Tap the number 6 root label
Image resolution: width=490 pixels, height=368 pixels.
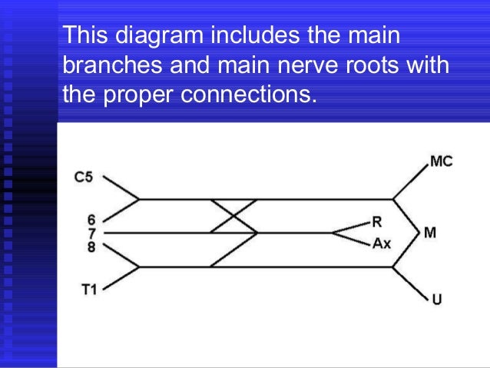(x=92, y=219)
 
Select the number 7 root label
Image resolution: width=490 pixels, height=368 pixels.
(x=92, y=232)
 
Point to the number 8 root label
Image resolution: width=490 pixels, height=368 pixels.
(x=92, y=246)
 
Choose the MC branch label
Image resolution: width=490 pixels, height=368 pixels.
(x=441, y=161)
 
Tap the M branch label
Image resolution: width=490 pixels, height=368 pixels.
(x=430, y=233)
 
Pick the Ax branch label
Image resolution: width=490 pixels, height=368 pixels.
(x=382, y=244)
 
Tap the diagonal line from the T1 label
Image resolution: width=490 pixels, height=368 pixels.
(x=121, y=277)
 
